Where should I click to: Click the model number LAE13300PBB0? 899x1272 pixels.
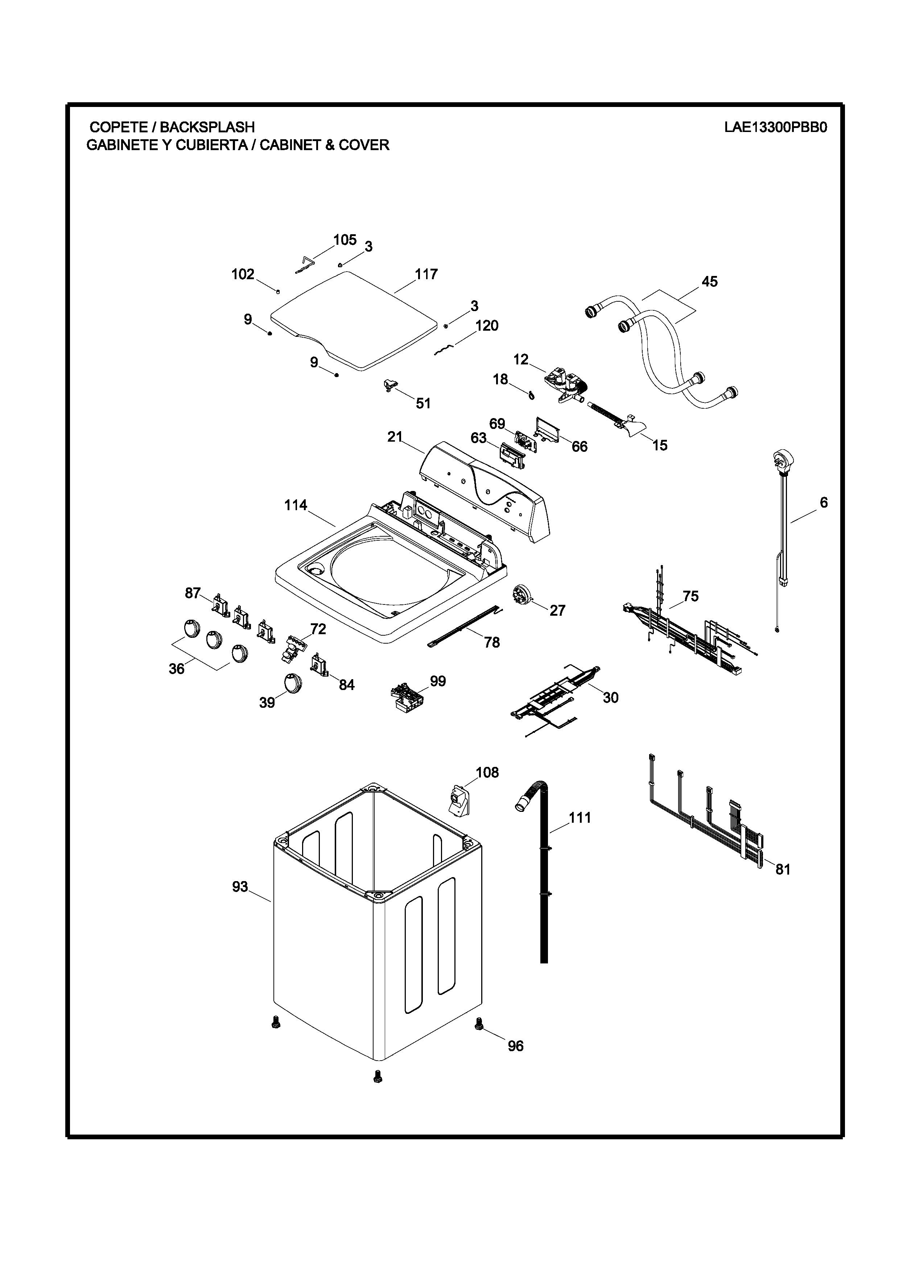(775, 127)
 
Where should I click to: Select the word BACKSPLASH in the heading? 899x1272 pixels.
(207, 127)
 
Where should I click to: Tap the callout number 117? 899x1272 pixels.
(426, 274)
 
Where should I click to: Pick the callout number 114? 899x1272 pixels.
(296, 505)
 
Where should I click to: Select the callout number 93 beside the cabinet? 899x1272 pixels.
(240, 887)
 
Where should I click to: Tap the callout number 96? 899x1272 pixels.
(516, 1046)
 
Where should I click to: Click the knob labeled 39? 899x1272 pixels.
(291, 682)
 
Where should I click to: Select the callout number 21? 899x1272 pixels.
(395, 437)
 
